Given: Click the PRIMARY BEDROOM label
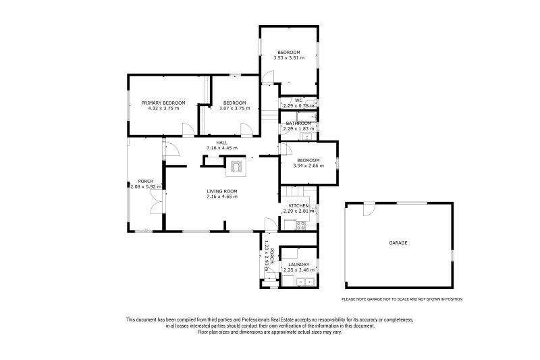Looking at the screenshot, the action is [163, 103].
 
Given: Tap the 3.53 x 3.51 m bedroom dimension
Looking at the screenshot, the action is [289, 58].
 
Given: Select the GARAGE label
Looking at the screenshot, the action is [398, 243].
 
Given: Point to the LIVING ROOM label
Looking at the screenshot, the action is [222, 191].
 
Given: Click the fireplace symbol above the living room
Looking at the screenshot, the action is [236, 166].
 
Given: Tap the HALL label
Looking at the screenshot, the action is [222, 143].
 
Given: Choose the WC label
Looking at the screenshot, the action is [298, 101].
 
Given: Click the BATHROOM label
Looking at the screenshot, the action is [298, 124].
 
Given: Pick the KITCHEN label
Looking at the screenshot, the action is [298, 205].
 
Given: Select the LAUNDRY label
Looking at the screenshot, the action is [298, 265].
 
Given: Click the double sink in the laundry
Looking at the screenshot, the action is [305, 282].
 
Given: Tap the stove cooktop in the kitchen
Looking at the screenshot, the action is [300, 226].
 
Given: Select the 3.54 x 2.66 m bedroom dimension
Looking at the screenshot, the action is [308, 165].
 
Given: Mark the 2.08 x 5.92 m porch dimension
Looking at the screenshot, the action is [146, 186].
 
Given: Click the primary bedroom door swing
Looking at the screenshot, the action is [188, 129].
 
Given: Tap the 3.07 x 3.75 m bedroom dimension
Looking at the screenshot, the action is [234, 108].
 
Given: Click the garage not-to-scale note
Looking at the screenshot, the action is [402, 299].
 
